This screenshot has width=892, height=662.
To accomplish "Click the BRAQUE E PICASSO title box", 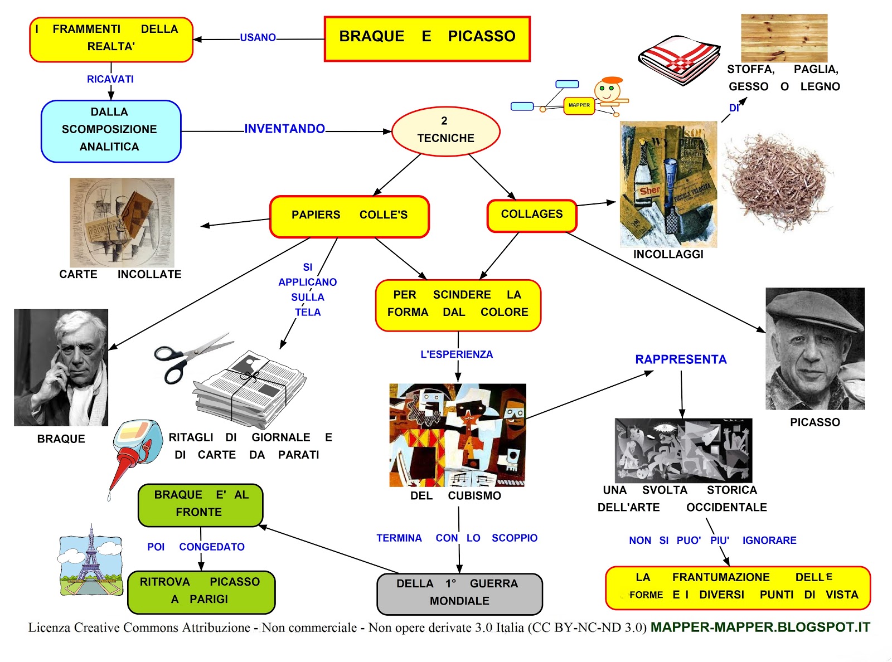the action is pyautogui.click(x=427, y=38).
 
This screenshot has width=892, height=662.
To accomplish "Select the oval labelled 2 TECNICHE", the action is pyautogui.click(x=445, y=131).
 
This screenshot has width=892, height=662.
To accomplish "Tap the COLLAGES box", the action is pyautogui.click(x=532, y=216).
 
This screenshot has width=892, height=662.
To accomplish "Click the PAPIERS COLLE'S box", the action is pyautogui.click(x=349, y=216).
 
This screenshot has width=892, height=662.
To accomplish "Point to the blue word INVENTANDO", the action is pyautogui.click(x=285, y=129).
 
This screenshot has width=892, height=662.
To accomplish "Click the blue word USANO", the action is pyautogui.click(x=258, y=37).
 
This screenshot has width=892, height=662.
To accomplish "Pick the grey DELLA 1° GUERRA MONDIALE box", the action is pyautogui.click(x=459, y=593).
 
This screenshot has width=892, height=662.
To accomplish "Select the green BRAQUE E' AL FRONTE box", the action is pyautogui.click(x=200, y=505).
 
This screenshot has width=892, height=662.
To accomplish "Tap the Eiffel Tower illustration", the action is pyautogui.click(x=91, y=560).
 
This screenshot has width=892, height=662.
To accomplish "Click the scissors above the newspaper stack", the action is pyautogui.click(x=193, y=357).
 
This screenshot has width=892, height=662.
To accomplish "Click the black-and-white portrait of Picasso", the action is pyautogui.click(x=815, y=348).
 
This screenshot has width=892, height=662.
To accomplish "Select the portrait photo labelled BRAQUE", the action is pyautogui.click(x=61, y=367).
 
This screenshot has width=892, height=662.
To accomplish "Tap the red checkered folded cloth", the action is pyautogui.click(x=678, y=60).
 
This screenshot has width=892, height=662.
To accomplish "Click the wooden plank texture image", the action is pyautogui.click(x=784, y=38).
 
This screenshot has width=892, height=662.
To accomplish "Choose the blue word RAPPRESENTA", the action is pyautogui.click(x=681, y=359).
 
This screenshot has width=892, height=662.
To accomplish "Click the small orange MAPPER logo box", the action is pyautogui.click(x=579, y=106).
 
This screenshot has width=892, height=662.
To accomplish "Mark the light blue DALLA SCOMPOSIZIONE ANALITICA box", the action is pyautogui.click(x=111, y=131).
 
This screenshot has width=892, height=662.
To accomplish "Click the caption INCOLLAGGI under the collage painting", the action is pyautogui.click(x=668, y=255).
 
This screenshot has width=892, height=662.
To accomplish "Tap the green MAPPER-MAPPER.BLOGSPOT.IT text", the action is pyautogui.click(x=760, y=627).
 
